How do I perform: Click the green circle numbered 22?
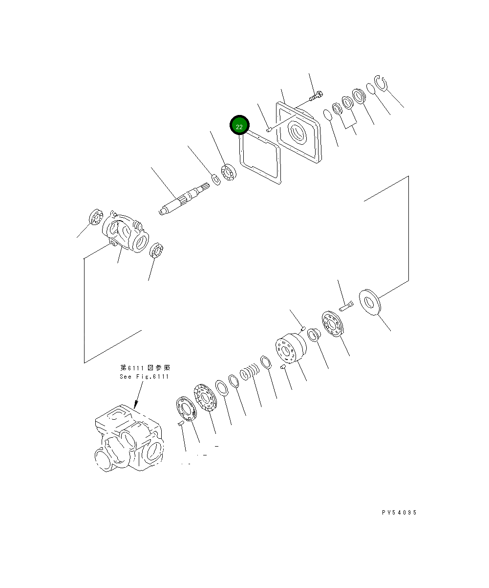pyautogui.click(x=239, y=126)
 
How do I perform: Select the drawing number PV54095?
pyautogui.click(x=399, y=513)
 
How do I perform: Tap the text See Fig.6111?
pyautogui.click(x=144, y=376)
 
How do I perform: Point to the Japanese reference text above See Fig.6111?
pyautogui.click(x=145, y=367)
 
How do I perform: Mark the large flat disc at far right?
pyautogui.click(x=372, y=302)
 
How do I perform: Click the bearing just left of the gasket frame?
pyautogui.click(x=228, y=174)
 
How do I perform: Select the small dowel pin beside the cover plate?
pyautogui.click(x=269, y=129)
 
